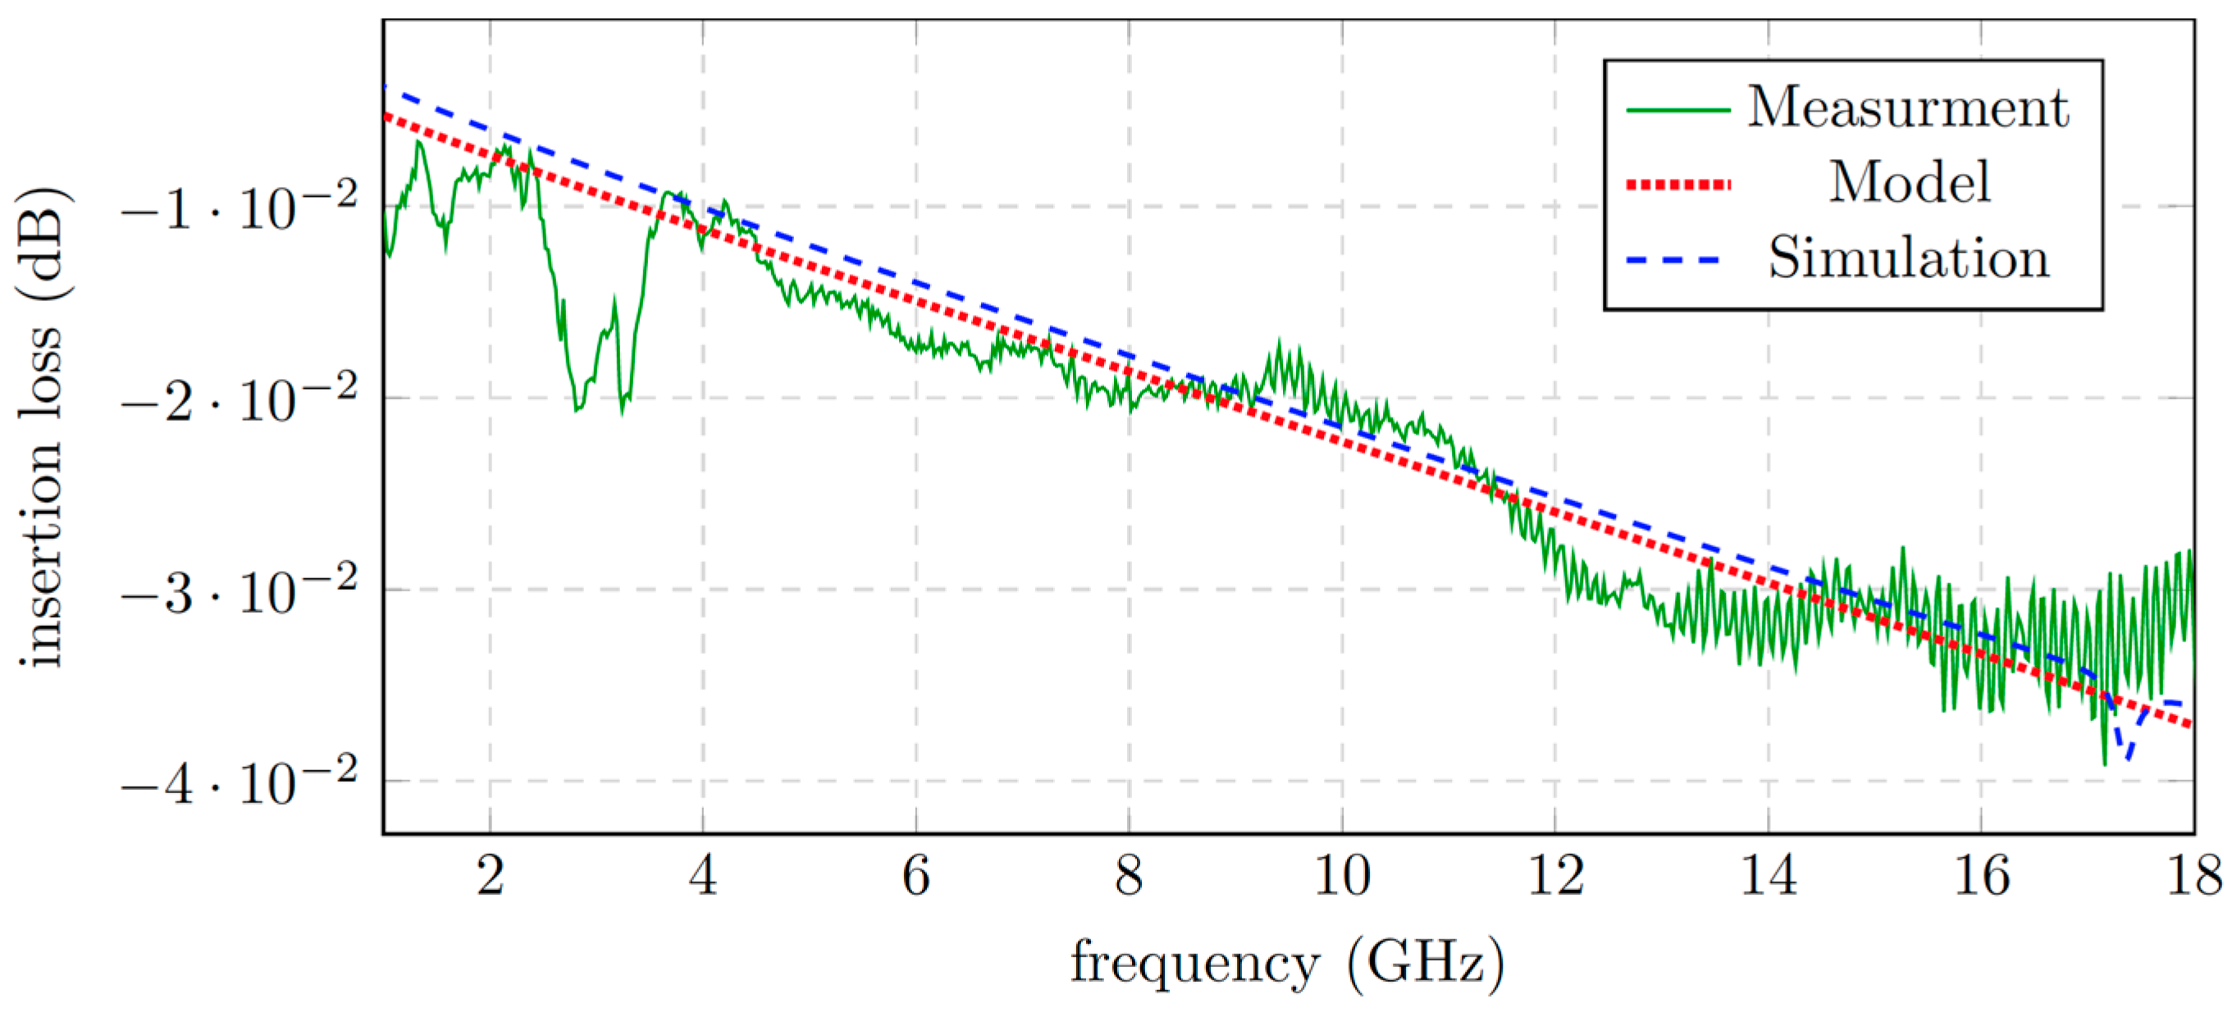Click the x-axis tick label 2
[491, 877]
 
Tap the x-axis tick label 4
[703, 877]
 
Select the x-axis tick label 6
[915, 877]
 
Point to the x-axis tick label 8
[1128, 877]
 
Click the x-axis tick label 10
[1342, 877]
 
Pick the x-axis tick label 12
[1555, 877]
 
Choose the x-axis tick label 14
[1769, 877]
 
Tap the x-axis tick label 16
[1982, 877]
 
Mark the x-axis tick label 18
[2193, 877]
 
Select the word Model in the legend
[1910, 183]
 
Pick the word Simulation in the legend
[1909, 258]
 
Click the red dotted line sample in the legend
[1677, 185]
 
